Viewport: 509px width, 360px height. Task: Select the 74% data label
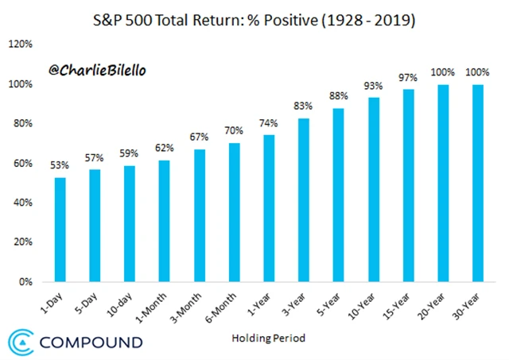click(268, 123)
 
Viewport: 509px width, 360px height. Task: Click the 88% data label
click(339, 96)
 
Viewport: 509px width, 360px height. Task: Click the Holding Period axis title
click(268, 338)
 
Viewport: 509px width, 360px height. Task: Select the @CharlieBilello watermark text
click(97, 70)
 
